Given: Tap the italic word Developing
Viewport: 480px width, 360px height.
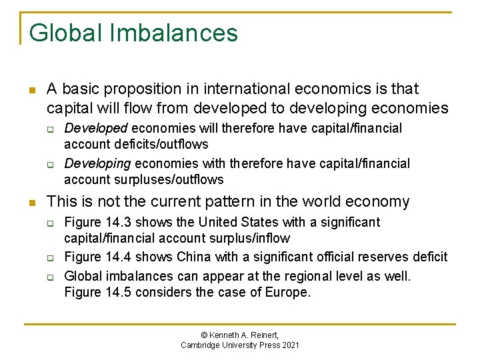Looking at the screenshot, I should coord(98,163).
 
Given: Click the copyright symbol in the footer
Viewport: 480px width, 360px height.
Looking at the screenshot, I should coord(205,335).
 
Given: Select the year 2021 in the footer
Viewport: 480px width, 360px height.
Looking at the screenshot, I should coord(289,345).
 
